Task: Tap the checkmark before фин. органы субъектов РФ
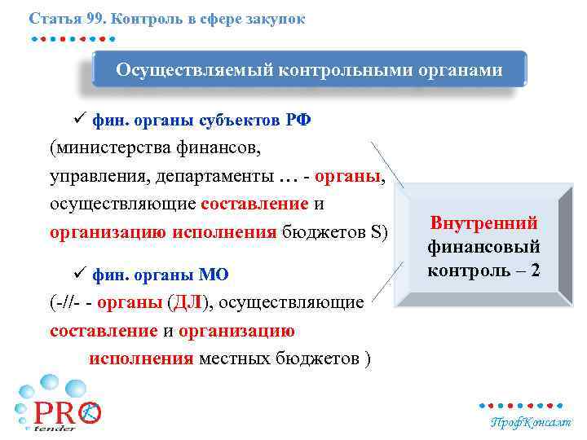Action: tap(80, 120)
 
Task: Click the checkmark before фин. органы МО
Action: tap(80, 273)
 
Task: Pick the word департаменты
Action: tap(209, 177)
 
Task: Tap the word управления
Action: tap(88, 177)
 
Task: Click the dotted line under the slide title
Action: tap(73, 37)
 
